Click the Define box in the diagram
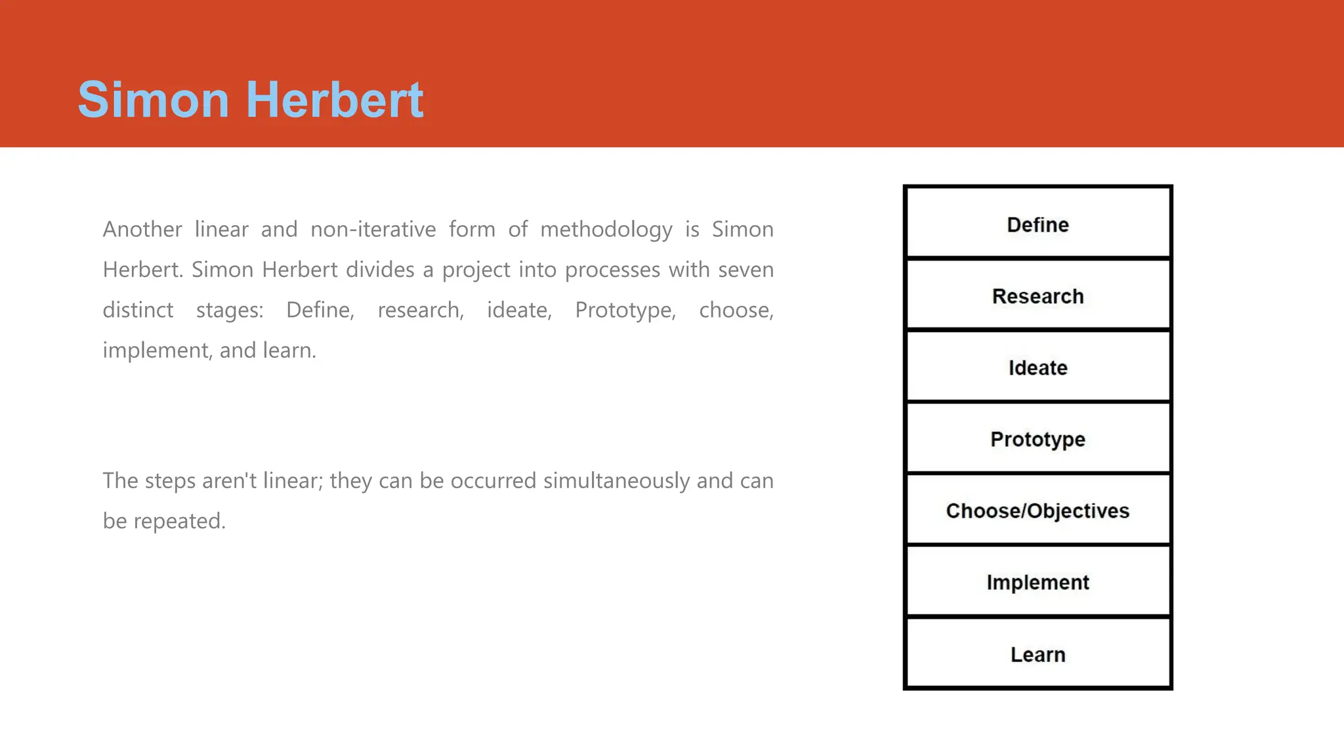[1038, 224]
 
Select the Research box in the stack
[1038, 296]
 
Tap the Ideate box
[1038, 367]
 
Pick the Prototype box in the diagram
[1038, 439]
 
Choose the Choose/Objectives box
[1038, 511]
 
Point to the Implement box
[1038, 582]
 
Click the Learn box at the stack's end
[1038, 654]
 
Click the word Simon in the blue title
[154, 100]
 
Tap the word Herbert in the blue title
[335, 100]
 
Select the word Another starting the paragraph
[142, 230]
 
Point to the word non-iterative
[373, 230]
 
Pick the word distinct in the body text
[138, 310]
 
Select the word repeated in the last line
[179, 522]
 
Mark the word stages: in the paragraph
[230, 310]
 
